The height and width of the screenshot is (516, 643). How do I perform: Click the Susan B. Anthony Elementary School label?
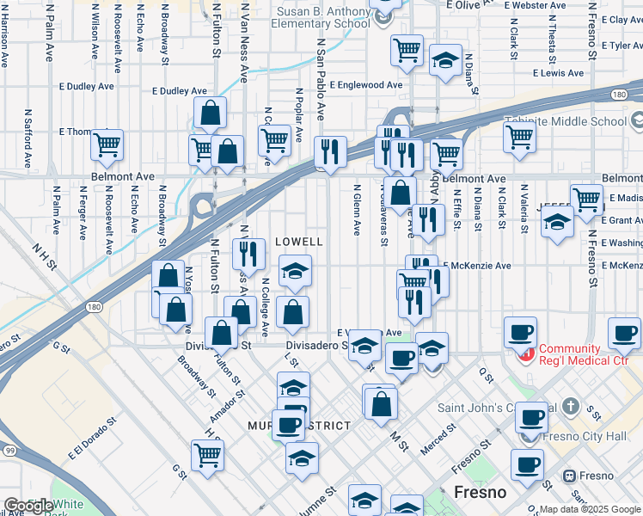322,17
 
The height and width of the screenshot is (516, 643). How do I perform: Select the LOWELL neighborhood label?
298,243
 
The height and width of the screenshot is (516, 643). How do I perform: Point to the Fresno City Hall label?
596,436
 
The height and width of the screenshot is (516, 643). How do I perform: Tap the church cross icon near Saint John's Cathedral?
571,405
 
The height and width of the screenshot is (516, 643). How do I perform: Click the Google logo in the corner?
28,507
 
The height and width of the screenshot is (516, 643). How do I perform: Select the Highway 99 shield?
9,450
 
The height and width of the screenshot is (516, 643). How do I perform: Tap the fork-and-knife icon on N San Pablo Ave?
330,152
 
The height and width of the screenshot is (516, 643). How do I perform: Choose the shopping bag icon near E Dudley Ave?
211,113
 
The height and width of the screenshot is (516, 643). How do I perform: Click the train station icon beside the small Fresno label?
568,476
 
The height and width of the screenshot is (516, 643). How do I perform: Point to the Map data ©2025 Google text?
589,509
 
